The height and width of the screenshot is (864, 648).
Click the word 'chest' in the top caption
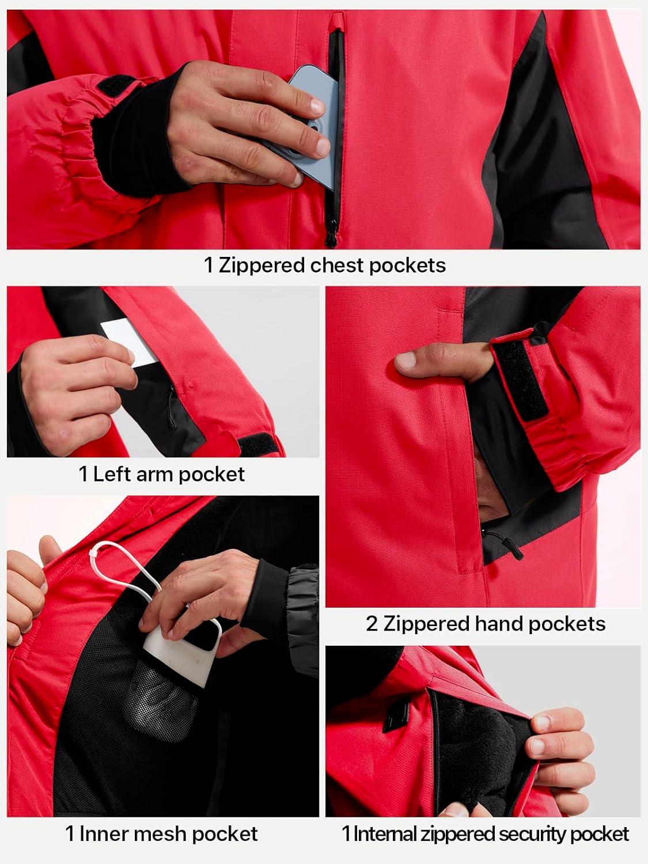pos(337,265)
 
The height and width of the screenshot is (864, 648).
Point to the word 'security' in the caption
pos(541,833)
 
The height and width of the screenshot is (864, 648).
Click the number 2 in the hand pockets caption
pos(372,624)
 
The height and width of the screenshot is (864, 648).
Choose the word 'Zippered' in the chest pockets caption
pos(262,266)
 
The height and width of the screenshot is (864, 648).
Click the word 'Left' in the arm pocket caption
pos(111,474)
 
